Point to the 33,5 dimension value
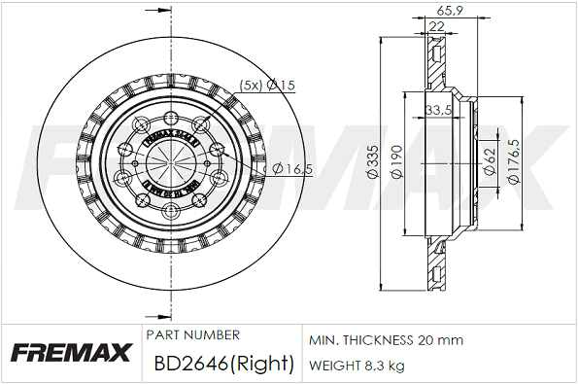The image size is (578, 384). tap(439, 110)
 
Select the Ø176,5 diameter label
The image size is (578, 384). tap(514, 161)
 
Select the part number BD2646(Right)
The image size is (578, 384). tap(223, 365)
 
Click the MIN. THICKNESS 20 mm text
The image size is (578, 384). tap(386, 340)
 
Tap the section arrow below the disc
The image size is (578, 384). tap(153, 316)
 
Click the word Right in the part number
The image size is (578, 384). tap(267, 365)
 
